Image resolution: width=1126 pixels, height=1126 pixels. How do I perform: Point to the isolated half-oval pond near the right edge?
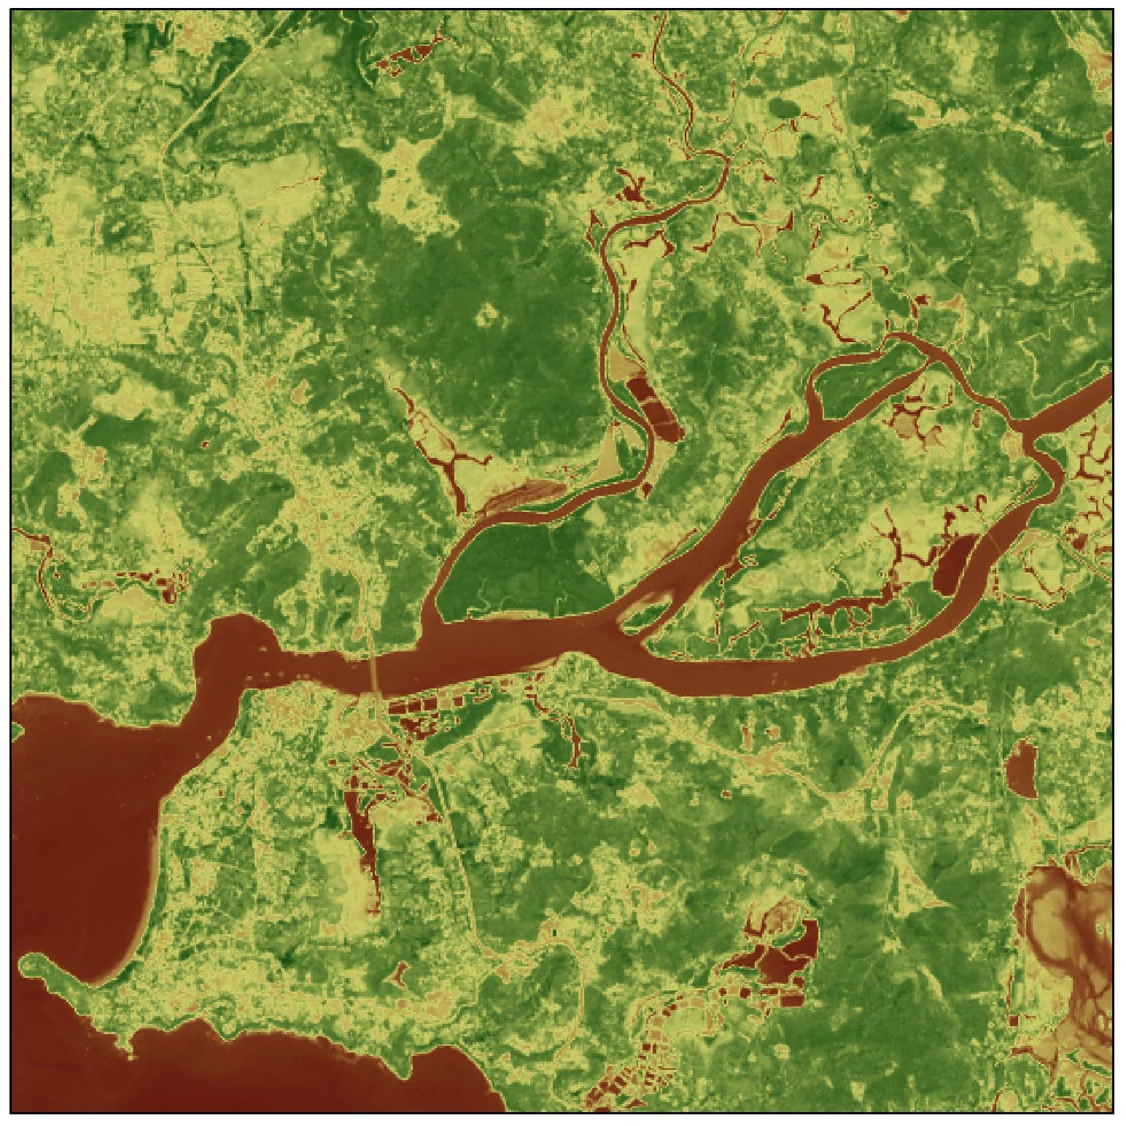coord(1022,770)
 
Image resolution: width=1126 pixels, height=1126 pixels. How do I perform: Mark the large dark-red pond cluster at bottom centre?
coord(784,955)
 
